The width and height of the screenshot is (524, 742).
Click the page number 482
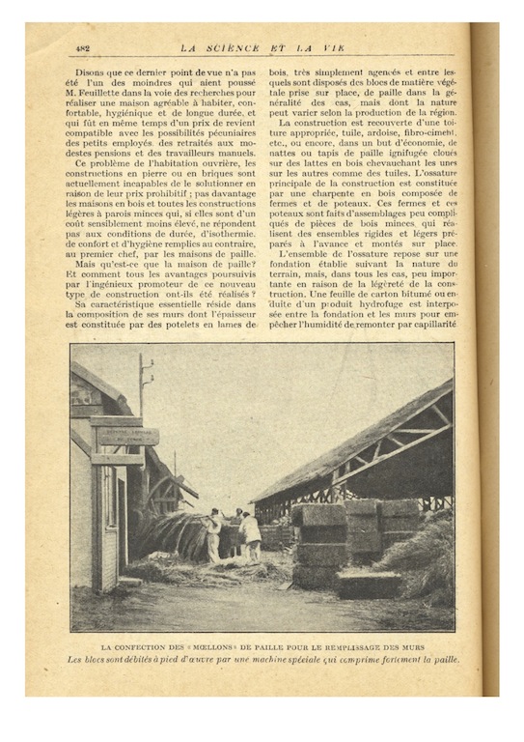pos(82,47)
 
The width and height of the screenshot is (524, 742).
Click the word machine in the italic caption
pos(273,660)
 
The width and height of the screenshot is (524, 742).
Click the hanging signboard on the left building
pos(126,436)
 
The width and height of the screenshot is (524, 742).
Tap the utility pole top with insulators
pos(145,370)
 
